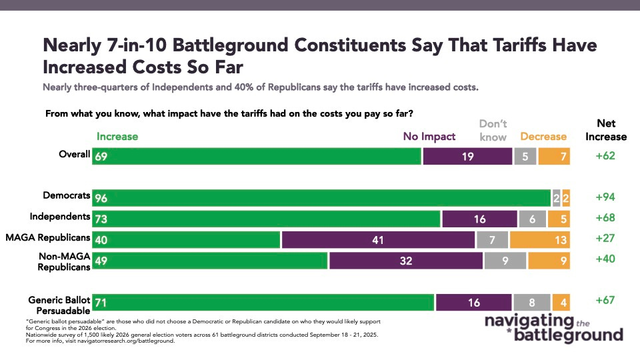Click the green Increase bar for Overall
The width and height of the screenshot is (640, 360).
point(257,155)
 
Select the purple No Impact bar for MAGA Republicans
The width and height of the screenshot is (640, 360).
point(378,239)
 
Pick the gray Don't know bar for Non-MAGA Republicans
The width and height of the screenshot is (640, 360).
point(505,261)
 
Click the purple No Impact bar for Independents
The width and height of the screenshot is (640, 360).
point(479,218)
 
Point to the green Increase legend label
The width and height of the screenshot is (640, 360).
point(117,137)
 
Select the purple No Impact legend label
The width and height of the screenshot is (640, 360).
point(429,137)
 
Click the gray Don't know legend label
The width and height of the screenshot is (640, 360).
point(493,130)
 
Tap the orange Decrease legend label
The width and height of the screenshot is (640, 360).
point(543,137)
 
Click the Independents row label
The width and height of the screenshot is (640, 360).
point(60,217)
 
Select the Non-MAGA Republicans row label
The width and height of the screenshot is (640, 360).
point(61,261)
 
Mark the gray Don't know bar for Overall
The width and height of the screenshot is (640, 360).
point(525,155)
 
